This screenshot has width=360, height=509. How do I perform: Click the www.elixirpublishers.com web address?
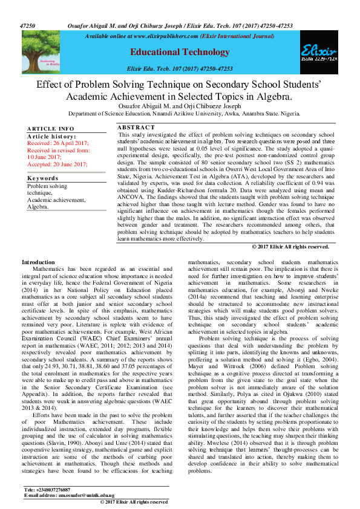165,36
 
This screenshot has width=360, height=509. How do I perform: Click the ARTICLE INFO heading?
51,129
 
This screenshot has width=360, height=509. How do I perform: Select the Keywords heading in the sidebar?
44,179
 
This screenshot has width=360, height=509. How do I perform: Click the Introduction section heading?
38,262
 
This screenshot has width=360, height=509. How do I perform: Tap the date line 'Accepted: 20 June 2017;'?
57,164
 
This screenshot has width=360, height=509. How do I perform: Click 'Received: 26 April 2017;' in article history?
58,143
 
